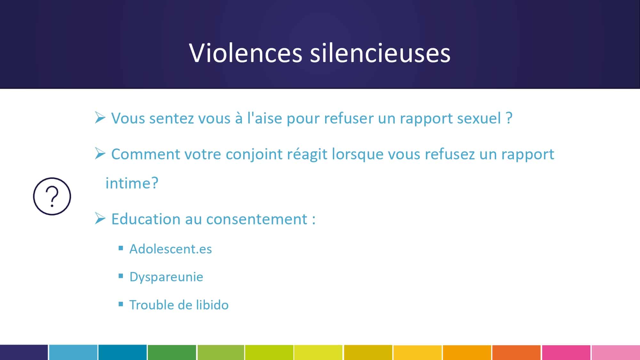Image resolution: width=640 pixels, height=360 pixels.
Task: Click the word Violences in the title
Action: [245, 53]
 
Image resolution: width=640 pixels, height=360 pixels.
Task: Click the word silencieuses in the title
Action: [380, 53]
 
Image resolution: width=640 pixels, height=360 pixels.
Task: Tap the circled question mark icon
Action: [52, 196]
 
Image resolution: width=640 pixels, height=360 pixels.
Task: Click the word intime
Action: [127, 183]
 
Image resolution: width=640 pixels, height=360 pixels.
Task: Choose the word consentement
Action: [257, 220]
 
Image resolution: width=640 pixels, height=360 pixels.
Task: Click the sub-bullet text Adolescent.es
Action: [171, 249]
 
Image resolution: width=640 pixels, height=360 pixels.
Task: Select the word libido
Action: [212, 305]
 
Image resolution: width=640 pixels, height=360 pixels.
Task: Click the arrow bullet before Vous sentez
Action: [100, 117]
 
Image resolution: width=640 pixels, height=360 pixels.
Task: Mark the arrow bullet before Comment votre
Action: [100, 154]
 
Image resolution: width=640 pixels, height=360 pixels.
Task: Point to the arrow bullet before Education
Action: [100, 219]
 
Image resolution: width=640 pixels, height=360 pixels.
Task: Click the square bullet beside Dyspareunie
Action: [121, 276]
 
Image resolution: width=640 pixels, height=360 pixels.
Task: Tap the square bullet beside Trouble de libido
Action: [121, 304]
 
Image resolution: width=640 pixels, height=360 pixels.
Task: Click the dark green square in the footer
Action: [172, 352]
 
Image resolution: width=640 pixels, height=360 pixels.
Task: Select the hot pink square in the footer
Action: [566, 352]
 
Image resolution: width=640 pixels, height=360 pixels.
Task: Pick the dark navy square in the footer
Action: [24, 352]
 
